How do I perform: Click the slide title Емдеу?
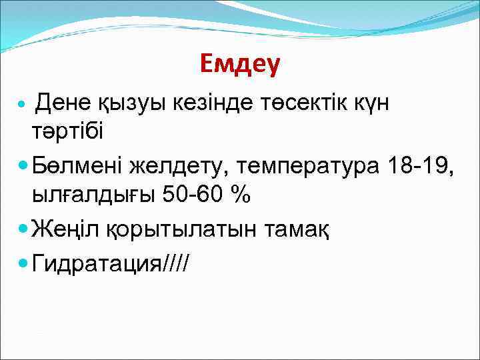tap(240, 64)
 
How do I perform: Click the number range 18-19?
tap(419, 165)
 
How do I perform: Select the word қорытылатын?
tap(177, 231)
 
